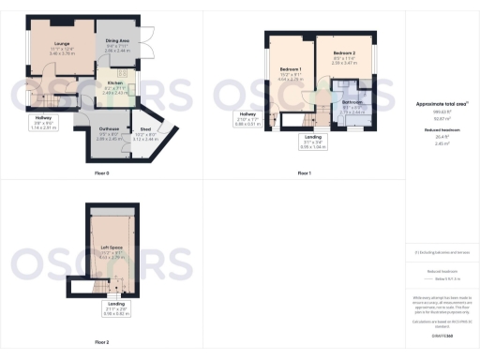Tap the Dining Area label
(117, 41)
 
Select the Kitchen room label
(113, 83)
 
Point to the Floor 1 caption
(304, 173)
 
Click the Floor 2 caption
(101, 342)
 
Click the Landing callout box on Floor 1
(312, 142)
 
